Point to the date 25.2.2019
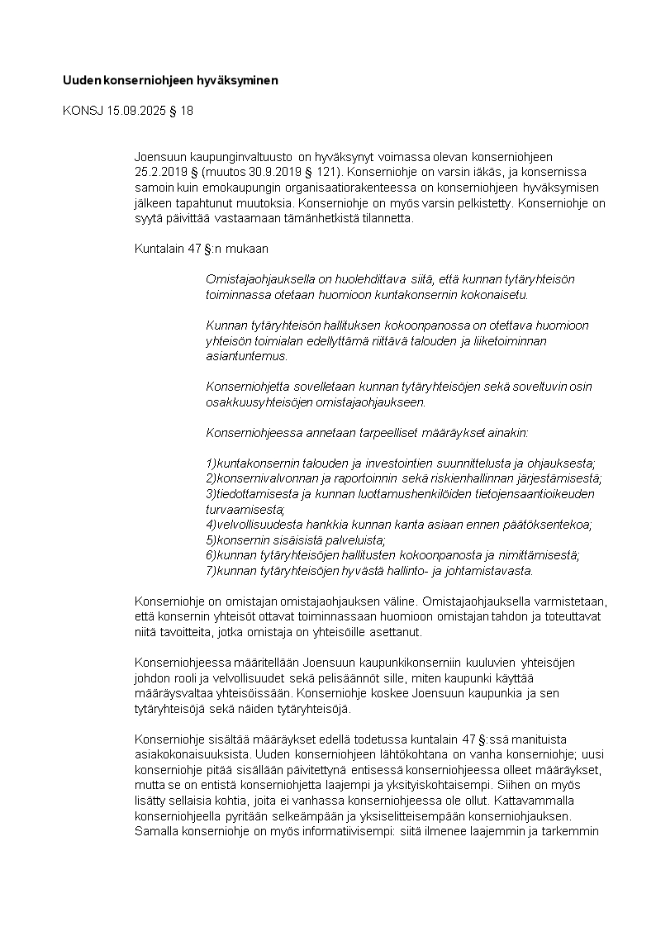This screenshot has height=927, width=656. tap(161, 173)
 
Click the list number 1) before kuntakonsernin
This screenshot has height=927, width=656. tap(211, 463)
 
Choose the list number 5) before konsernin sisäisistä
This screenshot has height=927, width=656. tap(211, 540)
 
